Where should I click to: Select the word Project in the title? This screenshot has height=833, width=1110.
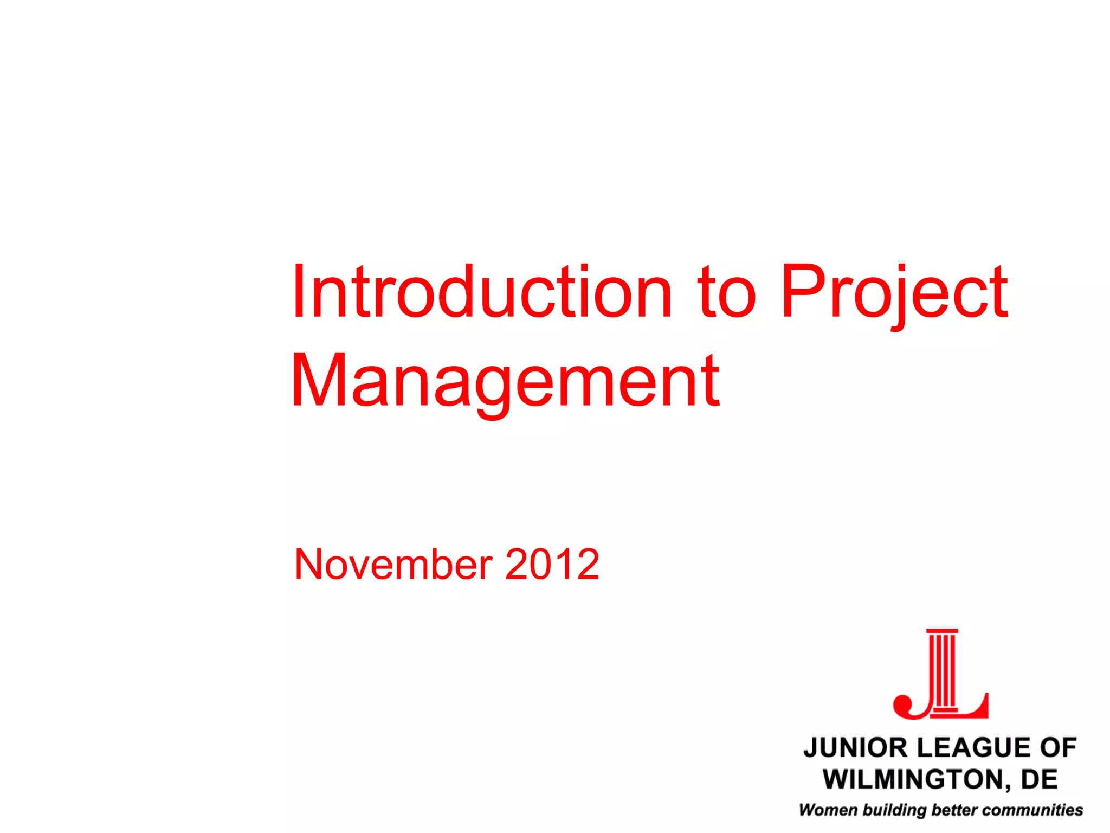pos(894,296)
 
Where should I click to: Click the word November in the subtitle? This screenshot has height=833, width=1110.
pos(393,565)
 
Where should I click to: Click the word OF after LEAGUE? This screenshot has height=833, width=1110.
pos(1057,748)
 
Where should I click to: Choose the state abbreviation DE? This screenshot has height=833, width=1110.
pos(1040,779)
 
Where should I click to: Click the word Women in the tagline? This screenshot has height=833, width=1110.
pos(828,810)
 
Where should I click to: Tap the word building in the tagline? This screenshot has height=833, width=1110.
pos(894,810)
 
